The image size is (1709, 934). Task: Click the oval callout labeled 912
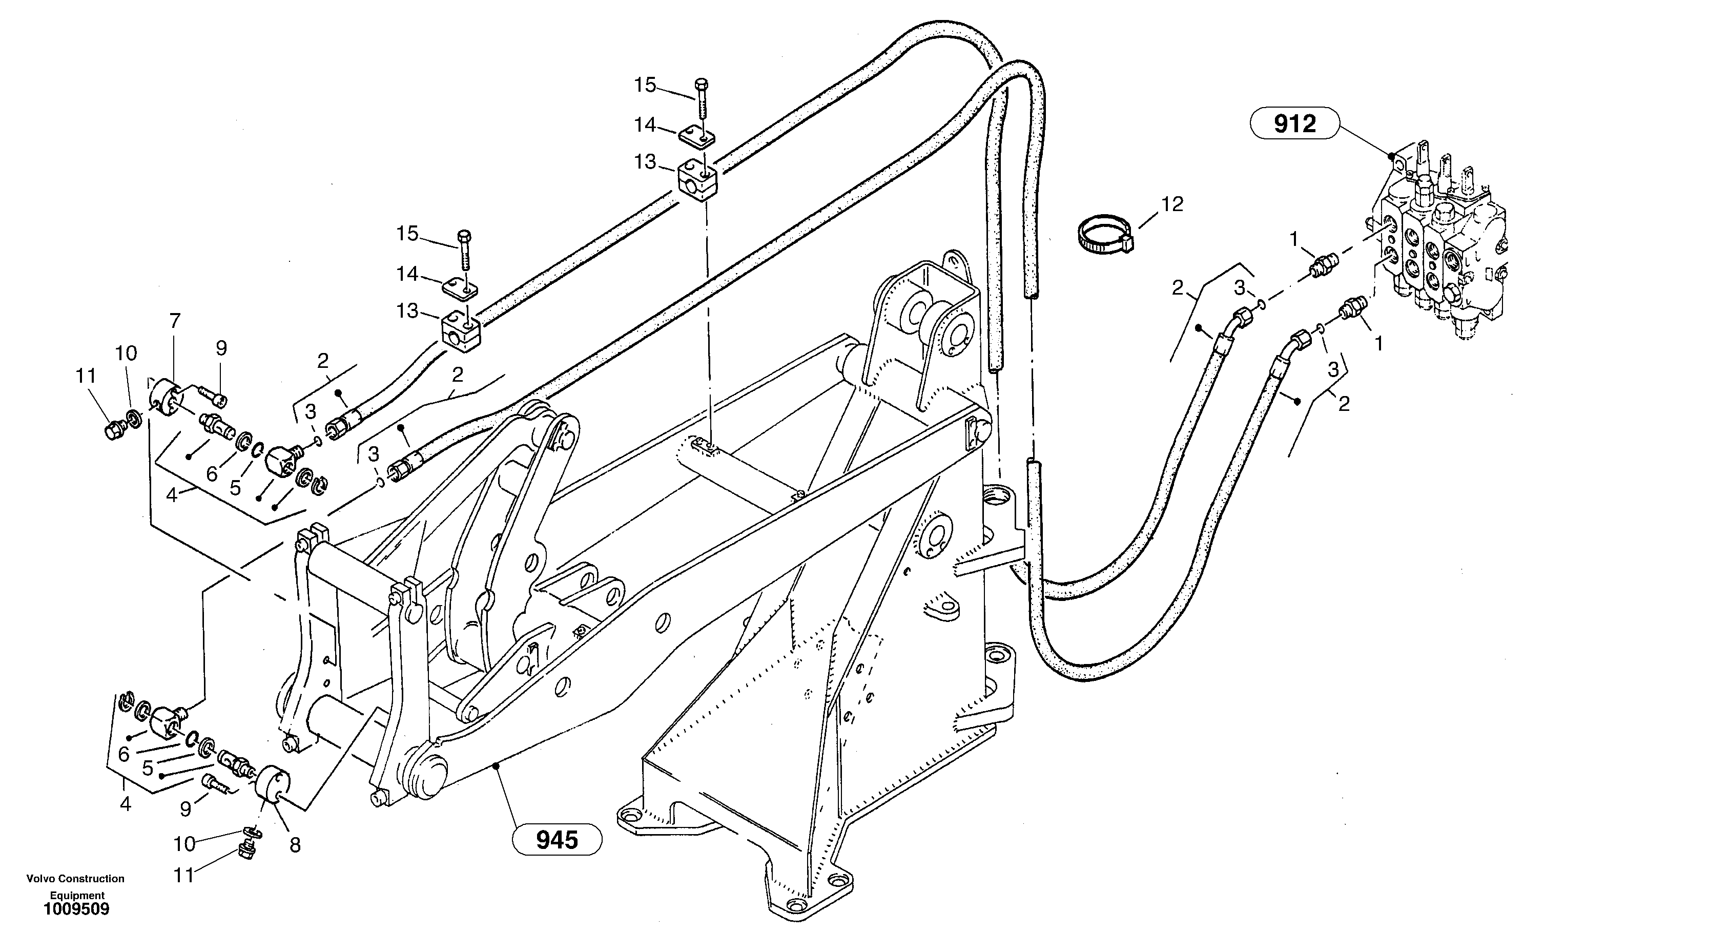pos(1294,123)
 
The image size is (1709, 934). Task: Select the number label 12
pos(1172,204)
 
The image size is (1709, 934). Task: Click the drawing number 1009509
pos(76,909)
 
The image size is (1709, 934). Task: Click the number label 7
pos(174,321)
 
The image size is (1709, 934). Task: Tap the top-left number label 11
pos(86,376)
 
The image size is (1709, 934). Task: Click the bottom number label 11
pos(184,876)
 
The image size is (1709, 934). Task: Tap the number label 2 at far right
pos(1344,403)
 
